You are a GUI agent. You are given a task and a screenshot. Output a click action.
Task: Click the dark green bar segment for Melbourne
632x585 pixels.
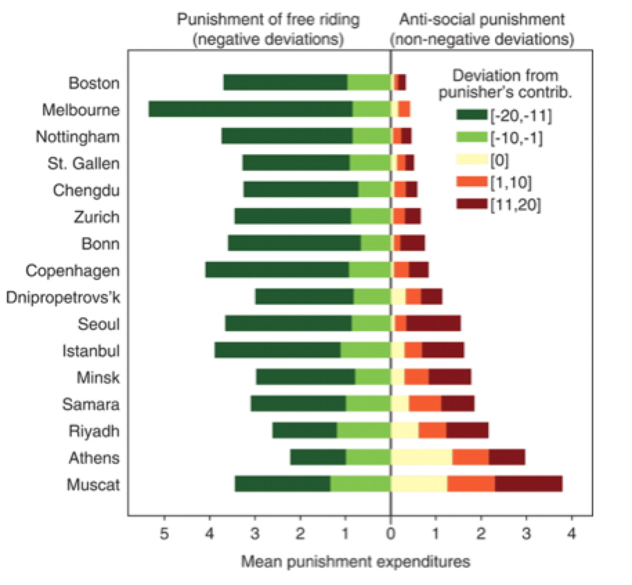pos(250,109)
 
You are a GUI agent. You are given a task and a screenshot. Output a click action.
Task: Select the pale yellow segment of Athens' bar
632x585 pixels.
pos(422,457)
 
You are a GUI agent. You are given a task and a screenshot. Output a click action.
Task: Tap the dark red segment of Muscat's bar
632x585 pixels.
pos(528,484)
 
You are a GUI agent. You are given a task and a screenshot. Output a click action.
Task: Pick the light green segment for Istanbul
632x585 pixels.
pos(366,350)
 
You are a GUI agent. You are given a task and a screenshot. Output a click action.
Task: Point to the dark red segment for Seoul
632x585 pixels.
pos(433,324)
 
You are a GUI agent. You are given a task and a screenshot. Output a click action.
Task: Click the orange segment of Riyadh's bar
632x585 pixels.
pos(432,431)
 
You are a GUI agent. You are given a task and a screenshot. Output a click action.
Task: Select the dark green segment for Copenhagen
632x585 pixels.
pos(277,270)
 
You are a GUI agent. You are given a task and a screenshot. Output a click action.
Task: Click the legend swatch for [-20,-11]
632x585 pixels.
pos(472,113)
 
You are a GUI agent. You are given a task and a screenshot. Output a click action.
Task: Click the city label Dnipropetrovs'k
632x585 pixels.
pos(63,297)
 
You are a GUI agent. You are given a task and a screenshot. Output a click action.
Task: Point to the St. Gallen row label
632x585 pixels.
pos(84,163)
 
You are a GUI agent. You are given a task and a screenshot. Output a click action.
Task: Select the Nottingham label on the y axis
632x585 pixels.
pos(78,136)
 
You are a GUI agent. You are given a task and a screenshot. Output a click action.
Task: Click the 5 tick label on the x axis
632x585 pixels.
pos(165,535)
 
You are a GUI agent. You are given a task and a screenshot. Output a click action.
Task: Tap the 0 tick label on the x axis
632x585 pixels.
pos(391,535)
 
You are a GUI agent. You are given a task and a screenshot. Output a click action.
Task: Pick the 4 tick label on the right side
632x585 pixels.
pos(571,535)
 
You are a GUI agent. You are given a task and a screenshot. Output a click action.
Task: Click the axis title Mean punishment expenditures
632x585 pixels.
pos(355,561)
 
